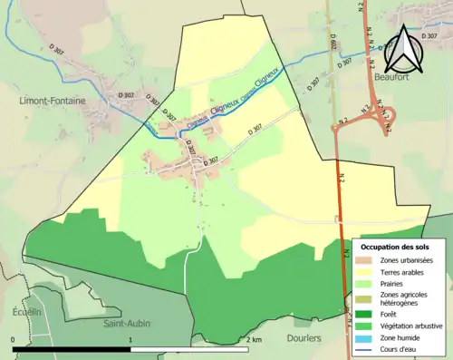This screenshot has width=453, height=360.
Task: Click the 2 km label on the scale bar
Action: [255, 339]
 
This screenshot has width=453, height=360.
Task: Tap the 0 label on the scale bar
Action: [14, 339]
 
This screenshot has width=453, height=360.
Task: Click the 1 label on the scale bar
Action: [131, 339]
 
